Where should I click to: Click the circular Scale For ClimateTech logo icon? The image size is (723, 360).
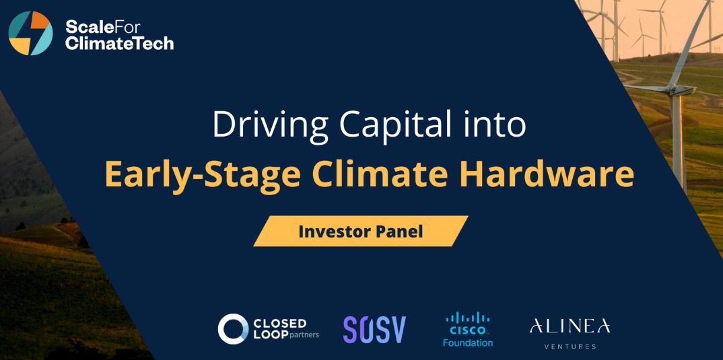click(x=30, y=34)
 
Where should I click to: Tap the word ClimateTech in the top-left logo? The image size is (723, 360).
click(x=119, y=43)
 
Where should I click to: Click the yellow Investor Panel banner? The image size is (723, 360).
click(x=361, y=231)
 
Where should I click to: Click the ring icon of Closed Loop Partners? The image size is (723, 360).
click(x=234, y=328)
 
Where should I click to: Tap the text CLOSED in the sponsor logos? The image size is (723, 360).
click(x=280, y=323)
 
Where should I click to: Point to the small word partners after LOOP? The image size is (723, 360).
click(x=304, y=335)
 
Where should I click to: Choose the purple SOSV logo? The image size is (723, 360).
click(x=375, y=330)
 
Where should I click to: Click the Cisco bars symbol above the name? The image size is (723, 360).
click(x=468, y=319)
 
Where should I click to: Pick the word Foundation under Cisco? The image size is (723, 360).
click(x=468, y=343)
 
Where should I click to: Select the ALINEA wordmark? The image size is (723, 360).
click(x=570, y=326)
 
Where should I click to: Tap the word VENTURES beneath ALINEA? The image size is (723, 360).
click(x=570, y=346)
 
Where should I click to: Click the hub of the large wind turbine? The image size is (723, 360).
click(x=677, y=89)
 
